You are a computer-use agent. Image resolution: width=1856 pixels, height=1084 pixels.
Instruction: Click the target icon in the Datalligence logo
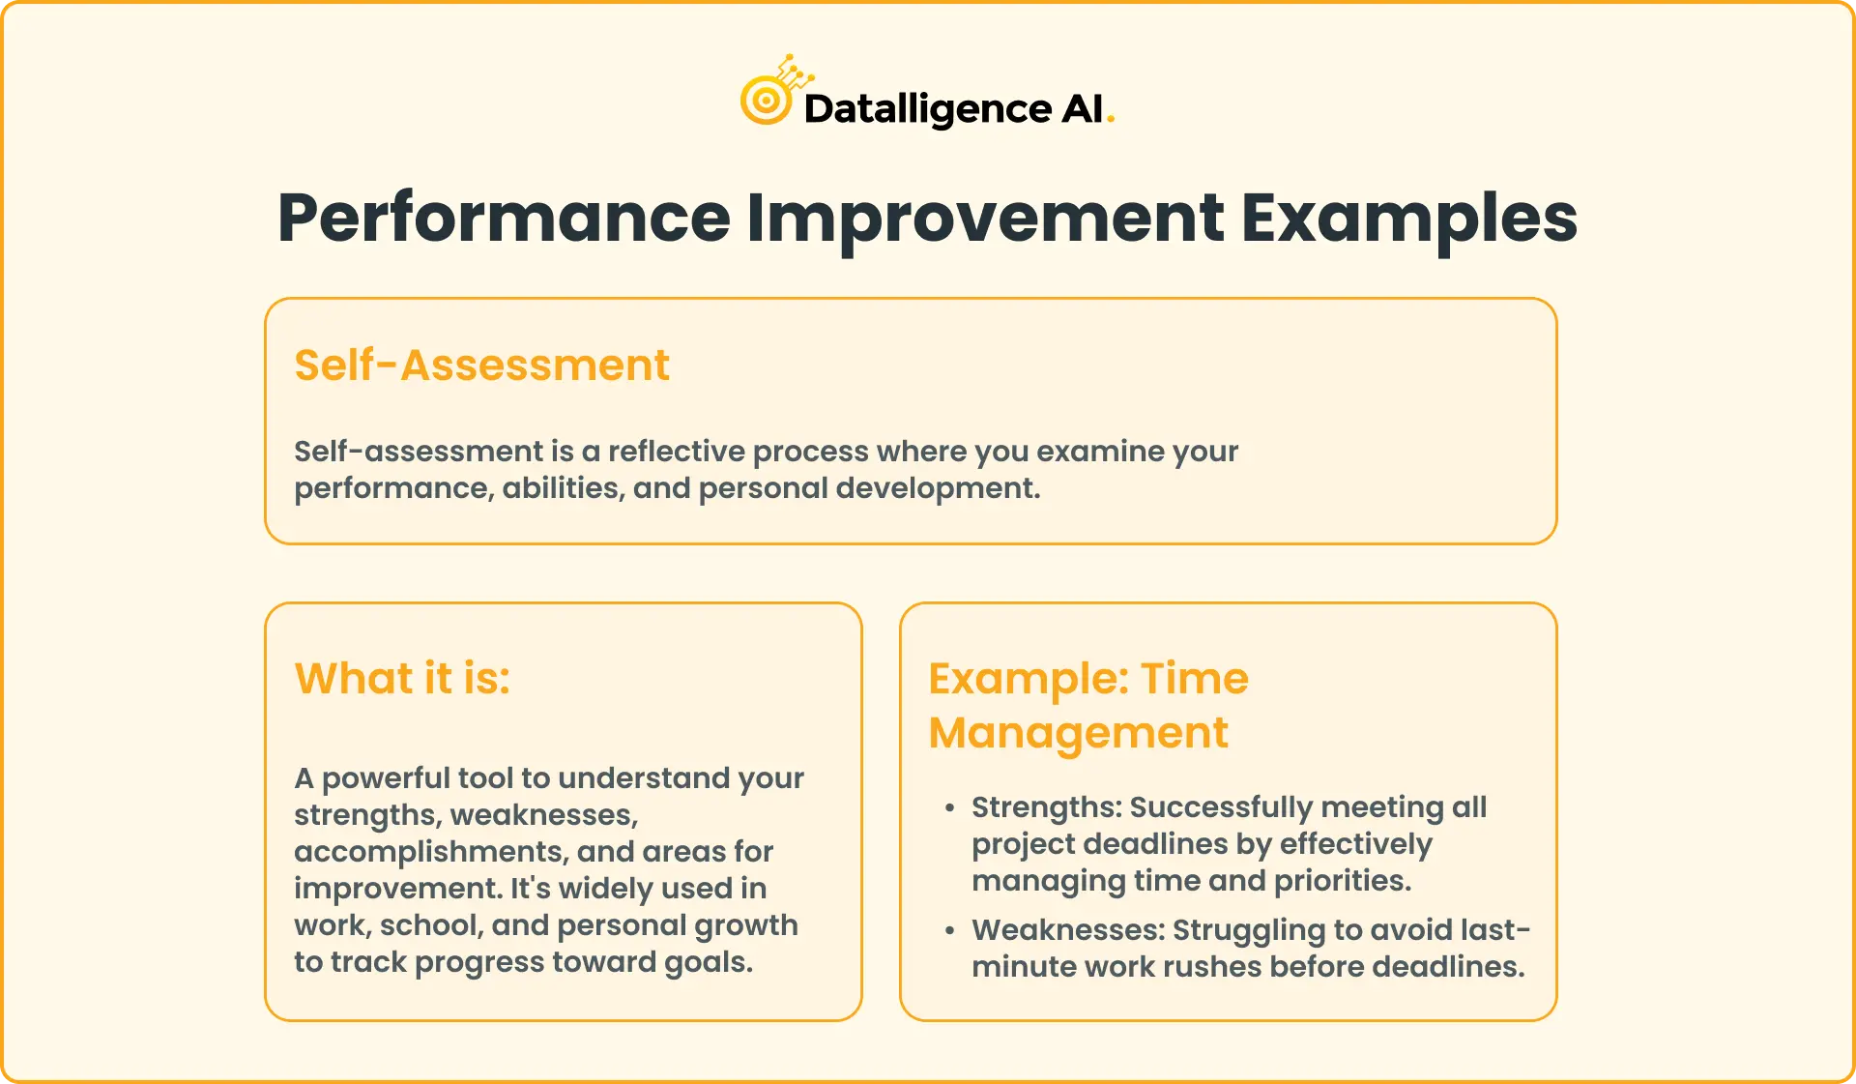766,100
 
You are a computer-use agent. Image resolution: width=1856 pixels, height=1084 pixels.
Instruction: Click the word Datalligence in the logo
927,108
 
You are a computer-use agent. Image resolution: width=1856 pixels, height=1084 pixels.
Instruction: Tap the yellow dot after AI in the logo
1111,119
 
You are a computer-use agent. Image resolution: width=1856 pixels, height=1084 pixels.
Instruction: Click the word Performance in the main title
503,219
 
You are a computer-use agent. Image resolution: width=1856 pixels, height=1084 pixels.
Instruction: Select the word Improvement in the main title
985,219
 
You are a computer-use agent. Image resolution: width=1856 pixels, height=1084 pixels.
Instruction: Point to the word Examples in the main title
1408,219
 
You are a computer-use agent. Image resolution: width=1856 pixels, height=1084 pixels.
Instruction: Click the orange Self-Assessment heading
481,366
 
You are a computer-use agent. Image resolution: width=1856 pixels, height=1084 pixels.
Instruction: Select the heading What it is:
402,678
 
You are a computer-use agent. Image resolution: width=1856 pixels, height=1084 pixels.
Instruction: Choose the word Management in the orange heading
1078,733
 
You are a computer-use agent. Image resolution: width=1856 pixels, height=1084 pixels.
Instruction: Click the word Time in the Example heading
1195,678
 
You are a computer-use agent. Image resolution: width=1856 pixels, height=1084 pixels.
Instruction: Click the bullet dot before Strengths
950,807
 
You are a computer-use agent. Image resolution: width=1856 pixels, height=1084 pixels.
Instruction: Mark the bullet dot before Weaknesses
950,930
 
